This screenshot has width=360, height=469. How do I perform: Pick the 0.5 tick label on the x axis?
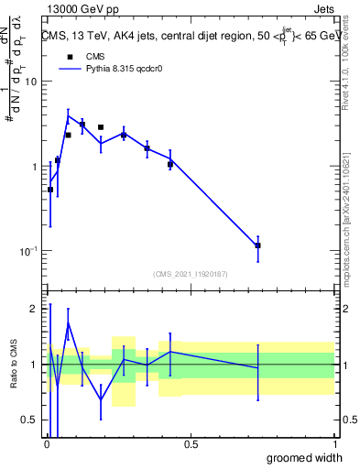point(191,444)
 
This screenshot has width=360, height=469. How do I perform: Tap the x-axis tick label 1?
point(334,444)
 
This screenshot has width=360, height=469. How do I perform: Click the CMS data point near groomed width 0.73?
point(258,245)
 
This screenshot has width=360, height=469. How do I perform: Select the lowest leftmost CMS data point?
point(49,190)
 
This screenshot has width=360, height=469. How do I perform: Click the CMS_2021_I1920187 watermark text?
point(191,273)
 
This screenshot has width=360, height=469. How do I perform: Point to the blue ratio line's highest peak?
point(68,322)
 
